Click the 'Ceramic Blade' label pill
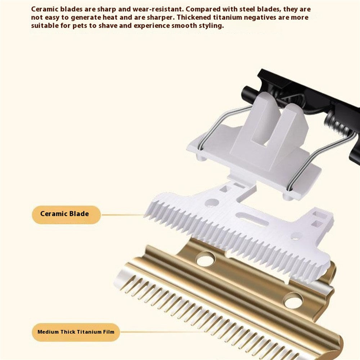click(66, 215)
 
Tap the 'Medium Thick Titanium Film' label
click(76, 332)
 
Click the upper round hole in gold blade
click(206, 258)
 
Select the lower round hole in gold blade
click(293, 300)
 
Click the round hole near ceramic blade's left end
click(212, 203)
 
